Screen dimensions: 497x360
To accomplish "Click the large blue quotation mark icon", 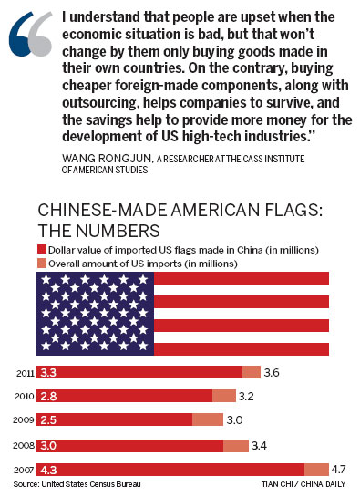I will point(29,35).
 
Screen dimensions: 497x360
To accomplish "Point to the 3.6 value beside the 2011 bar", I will point(271,372).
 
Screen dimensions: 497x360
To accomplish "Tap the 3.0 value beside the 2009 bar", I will point(235,419).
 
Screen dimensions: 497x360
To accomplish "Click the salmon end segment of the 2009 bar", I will point(208,419).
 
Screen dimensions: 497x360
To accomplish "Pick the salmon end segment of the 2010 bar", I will point(224,396).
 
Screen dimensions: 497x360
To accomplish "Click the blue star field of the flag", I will point(95,313).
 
